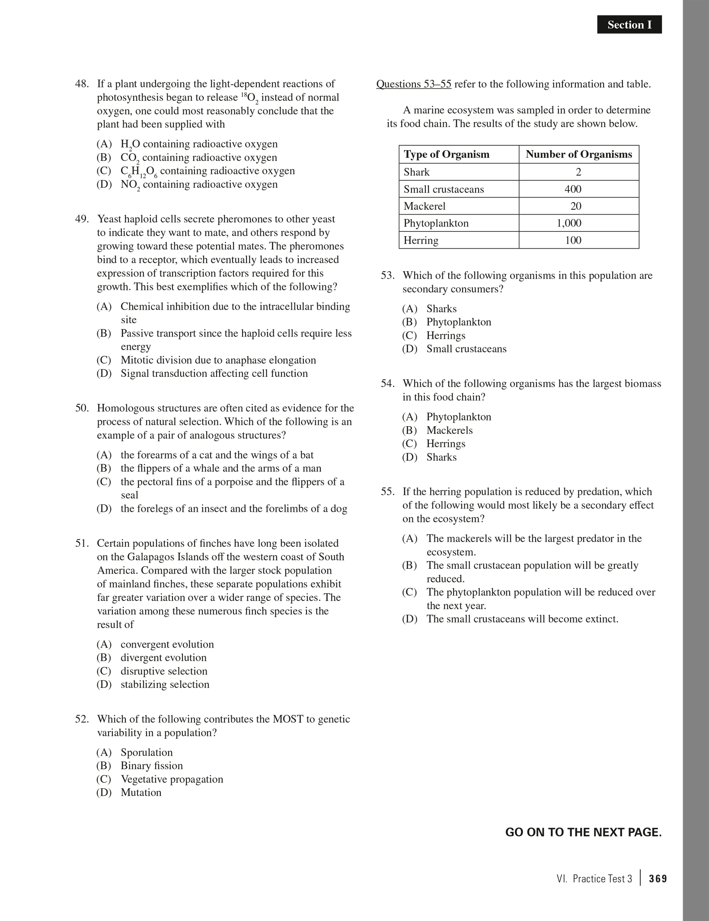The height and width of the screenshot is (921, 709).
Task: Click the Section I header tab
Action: [629, 25]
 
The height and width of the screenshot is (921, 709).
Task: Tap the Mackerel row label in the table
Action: [424, 206]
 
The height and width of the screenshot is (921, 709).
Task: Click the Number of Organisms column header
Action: [578, 154]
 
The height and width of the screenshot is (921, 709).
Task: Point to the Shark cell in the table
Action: [416, 172]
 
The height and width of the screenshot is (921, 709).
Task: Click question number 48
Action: [82, 84]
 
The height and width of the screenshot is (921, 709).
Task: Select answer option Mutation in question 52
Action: [141, 793]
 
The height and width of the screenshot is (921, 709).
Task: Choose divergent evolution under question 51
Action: [163, 658]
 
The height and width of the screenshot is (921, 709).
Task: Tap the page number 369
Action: [658, 879]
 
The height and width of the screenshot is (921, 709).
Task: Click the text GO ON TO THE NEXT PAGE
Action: [583, 832]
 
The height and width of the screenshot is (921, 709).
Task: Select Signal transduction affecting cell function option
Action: [214, 373]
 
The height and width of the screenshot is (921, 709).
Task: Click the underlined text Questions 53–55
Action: [413, 84]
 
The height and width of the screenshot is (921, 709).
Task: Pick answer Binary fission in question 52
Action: [152, 766]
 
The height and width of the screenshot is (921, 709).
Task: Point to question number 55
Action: [387, 492]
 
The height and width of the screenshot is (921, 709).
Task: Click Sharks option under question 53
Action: [441, 309]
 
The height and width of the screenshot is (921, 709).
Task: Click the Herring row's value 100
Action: [573, 241]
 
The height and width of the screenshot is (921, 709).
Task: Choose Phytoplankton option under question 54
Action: [459, 417]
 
